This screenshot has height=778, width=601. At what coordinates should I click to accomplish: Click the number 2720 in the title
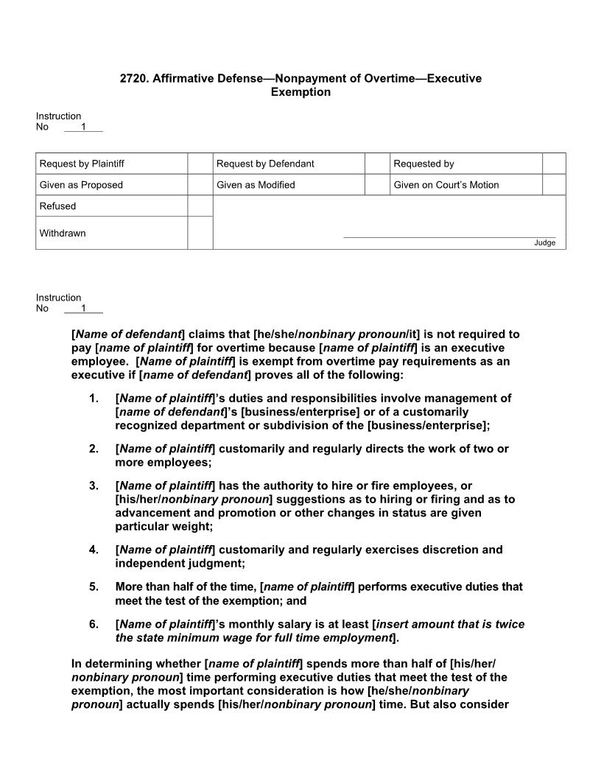133,78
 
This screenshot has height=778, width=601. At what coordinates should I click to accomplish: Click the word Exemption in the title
300,92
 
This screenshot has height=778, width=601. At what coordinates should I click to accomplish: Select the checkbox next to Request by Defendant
377,164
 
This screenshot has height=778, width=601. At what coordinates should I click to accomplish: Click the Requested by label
423,164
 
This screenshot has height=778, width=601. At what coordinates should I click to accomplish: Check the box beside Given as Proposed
200,185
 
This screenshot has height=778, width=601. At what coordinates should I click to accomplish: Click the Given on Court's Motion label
446,185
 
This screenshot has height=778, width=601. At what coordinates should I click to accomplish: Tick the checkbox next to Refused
200,206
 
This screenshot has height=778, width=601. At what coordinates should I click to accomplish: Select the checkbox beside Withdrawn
200,233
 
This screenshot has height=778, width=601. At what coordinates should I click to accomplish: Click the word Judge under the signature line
545,243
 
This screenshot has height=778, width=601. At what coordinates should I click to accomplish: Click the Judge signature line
449,236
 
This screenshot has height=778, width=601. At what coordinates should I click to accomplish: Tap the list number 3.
94,486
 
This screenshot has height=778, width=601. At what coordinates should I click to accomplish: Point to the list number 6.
94,624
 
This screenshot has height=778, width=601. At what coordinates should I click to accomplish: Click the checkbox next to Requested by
554,164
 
